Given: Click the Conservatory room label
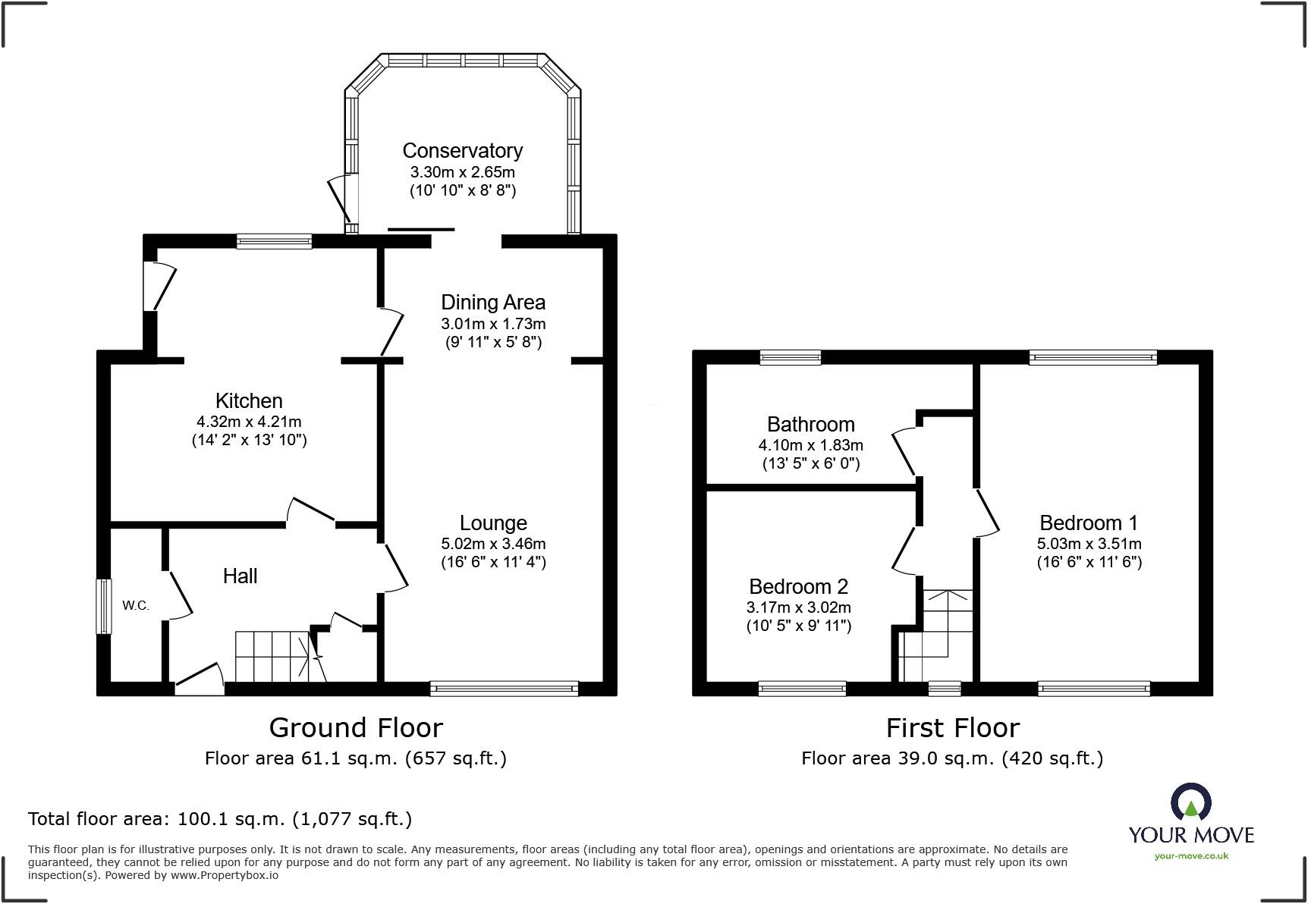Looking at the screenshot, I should (x=462, y=151).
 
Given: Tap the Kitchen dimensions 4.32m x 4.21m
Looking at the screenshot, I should (x=249, y=422).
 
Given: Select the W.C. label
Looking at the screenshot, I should (x=136, y=605).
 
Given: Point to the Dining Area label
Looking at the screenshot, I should (x=493, y=303).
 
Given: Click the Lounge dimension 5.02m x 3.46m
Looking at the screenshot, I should (x=493, y=544).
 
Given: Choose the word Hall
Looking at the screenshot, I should (x=240, y=576).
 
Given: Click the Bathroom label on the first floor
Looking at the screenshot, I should (x=810, y=425).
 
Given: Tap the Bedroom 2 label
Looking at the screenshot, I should (x=798, y=587).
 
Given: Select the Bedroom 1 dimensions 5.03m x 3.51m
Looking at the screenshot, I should (x=1089, y=544).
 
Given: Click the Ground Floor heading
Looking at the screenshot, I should (x=356, y=728).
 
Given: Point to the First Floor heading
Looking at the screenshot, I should (x=952, y=728).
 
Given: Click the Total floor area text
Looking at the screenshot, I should (x=220, y=819).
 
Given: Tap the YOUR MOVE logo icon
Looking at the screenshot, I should (x=1191, y=803).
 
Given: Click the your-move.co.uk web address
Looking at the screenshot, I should (x=1191, y=856).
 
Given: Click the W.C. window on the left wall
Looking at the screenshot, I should (x=103, y=606).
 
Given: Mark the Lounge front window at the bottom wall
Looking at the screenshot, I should (x=504, y=689).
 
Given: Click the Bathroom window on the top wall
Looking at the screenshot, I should (x=791, y=357).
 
